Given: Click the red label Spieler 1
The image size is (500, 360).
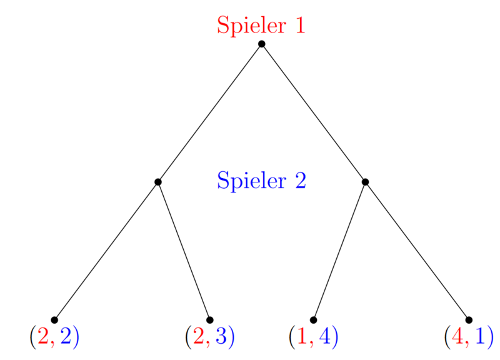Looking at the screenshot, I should [261, 26].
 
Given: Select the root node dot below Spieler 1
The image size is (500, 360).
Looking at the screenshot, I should [261, 44].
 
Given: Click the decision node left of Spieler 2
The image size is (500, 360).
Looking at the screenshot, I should [158, 182].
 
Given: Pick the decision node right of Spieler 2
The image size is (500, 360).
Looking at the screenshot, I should [366, 182].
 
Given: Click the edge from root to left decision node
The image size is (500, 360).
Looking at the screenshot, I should [209, 113].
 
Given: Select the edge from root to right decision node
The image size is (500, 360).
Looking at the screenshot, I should [314, 113].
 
